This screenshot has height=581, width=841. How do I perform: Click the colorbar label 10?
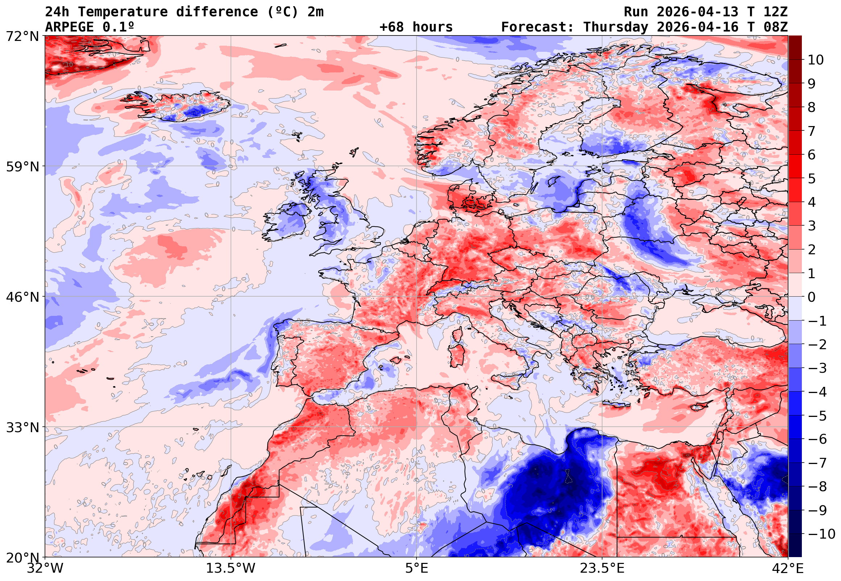(816, 60)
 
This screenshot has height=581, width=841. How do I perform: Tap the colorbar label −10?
(821, 534)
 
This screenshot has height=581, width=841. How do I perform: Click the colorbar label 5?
(812, 179)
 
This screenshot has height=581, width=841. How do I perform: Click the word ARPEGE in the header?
(69, 27)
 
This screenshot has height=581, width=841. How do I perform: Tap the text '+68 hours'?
(416, 27)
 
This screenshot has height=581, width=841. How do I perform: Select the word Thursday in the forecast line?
(616, 27)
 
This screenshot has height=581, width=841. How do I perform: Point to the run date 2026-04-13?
(697, 12)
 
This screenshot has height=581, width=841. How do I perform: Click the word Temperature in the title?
(123, 12)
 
